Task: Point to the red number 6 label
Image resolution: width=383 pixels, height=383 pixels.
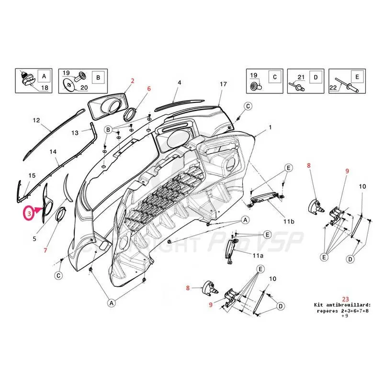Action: (149, 89)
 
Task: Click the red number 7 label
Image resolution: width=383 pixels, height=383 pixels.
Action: (45, 250)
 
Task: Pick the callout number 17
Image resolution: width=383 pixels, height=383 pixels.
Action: (223, 84)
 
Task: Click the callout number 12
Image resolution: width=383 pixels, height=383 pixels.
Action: (36, 121)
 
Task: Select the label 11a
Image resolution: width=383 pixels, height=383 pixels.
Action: (257, 256)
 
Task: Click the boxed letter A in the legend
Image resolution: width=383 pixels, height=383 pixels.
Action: (44, 76)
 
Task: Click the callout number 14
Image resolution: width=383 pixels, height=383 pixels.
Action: (53, 152)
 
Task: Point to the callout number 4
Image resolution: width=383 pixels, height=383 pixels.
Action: (180, 83)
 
